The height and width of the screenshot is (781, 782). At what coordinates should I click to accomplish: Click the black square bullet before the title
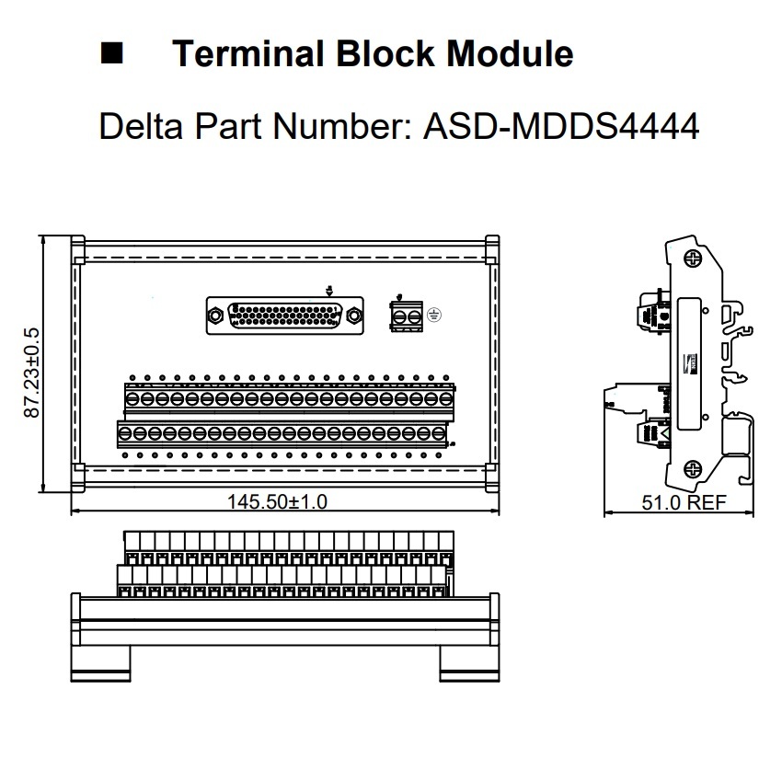[x=111, y=54]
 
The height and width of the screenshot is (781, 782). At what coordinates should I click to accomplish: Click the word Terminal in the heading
[x=246, y=54]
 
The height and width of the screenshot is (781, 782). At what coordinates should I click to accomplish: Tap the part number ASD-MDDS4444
[x=561, y=126]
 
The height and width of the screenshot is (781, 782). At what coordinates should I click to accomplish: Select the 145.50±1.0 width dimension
[x=277, y=501]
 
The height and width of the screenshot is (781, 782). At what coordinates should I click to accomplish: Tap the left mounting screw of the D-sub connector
[x=215, y=316]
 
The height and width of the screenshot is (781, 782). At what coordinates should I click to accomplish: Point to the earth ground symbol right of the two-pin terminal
[x=435, y=316]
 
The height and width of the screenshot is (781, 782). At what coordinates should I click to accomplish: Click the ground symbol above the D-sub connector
[x=329, y=290]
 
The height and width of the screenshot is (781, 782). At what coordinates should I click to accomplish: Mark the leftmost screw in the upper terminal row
[x=132, y=398]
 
